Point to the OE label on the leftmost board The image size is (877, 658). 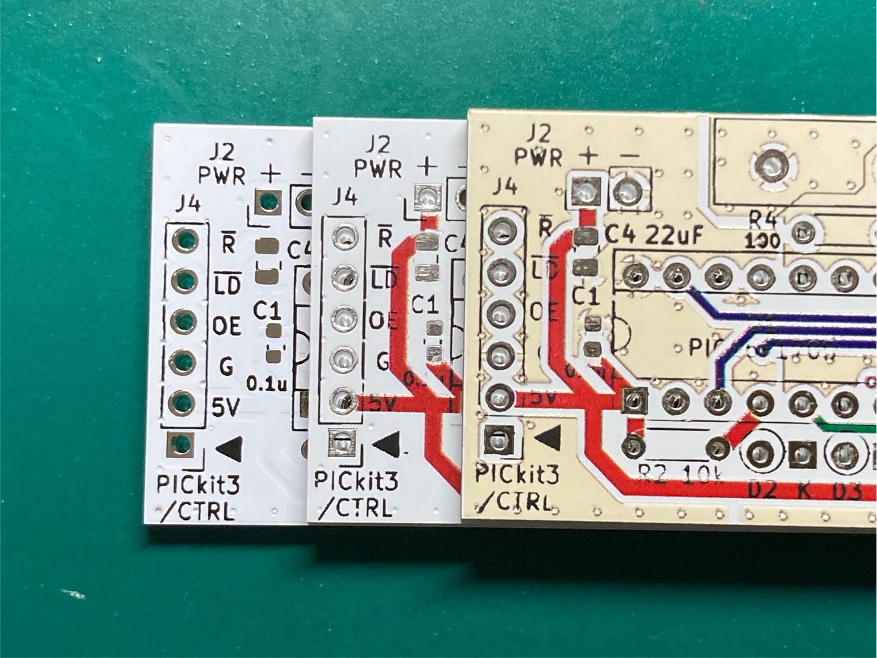(226, 326)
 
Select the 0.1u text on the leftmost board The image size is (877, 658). (266, 384)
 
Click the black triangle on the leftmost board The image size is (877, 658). (230, 448)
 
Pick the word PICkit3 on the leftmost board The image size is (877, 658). (198, 485)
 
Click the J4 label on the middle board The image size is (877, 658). (345, 197)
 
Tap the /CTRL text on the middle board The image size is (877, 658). (355, 508)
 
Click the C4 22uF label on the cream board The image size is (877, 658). (653, 236)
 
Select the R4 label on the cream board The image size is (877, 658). (762, 221)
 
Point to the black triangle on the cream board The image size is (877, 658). (548, 438)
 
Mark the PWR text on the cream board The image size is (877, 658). (538, 157)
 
